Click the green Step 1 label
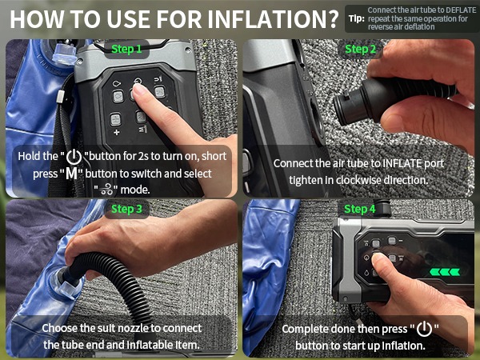click(x=126, y=49)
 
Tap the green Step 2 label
click(x=360, y=49)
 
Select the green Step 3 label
click(x=126, y=209)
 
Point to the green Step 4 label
click(x=360, y=209)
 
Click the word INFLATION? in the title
click(x=273, y=19)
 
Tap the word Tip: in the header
click(x=357, y=18)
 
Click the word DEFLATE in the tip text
click(x=459, y=10)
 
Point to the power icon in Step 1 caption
click(x=74, y=157)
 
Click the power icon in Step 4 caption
click(x=425, y=329)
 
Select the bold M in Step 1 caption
click(x=72, y=174)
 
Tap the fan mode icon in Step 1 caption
click(x=106, y=190)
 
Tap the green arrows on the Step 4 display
click(x=445, y=271)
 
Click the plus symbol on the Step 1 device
click(x=116, y=133)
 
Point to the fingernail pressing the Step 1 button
click(x=139, y=89)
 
